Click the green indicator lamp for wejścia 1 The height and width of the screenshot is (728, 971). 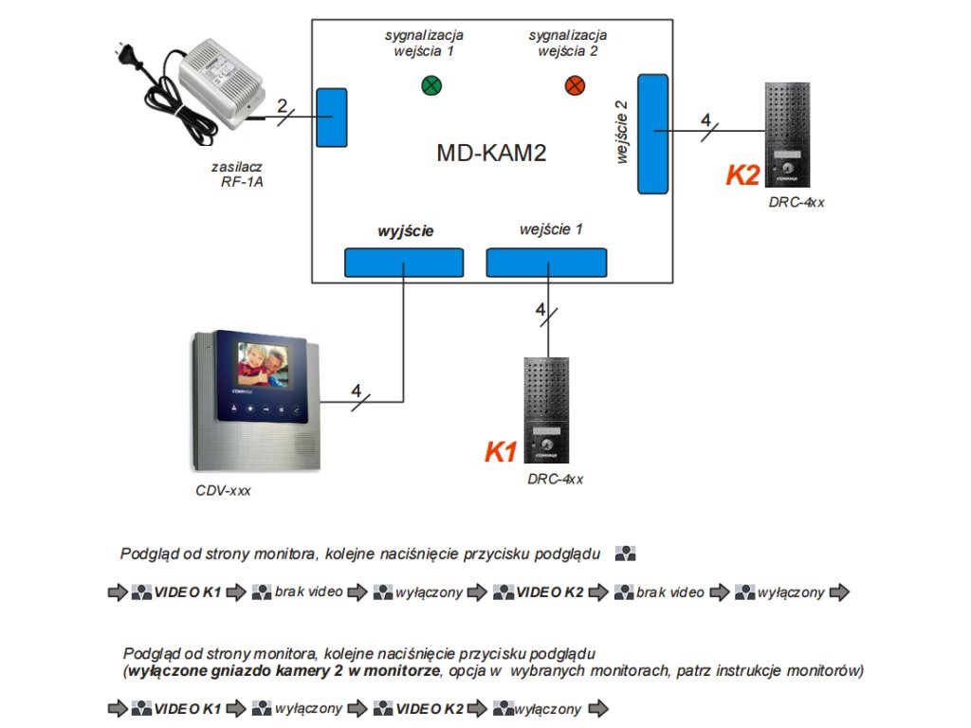click(431, 86)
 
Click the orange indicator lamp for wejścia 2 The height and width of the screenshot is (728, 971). click(575, 86)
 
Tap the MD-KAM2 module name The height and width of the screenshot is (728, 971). click(491, 154)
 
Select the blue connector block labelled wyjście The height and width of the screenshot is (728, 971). click(403, 262)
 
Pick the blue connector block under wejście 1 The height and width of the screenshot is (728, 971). click(546, 262)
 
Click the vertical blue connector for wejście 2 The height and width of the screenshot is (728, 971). click(652, 133)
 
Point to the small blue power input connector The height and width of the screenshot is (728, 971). click(331, 117)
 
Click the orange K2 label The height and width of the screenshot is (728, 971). click(743, 175)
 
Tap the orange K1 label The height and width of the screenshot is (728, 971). click(501, 452)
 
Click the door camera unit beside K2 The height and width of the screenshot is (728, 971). click(788, 134)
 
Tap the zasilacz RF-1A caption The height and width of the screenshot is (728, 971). click(237, 173)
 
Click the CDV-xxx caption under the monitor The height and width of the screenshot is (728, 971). click(224, 491)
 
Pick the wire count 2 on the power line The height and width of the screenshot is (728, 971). click(282, 105)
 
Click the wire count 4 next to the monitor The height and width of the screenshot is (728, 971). click(356, 391)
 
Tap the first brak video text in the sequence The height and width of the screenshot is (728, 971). click(309, 592)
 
